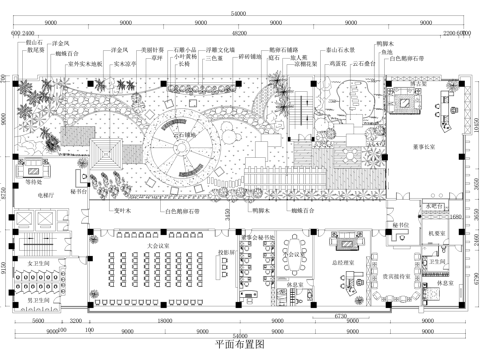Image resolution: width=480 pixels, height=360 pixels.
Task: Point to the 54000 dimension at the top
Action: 239,12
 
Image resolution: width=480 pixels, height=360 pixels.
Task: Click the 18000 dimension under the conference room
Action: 160,322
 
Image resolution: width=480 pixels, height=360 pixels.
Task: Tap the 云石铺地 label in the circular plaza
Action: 191,133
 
